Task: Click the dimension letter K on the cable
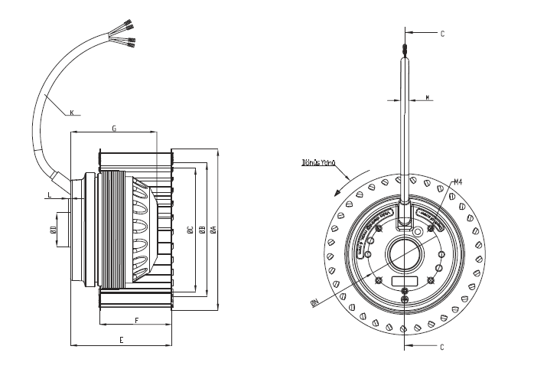[x=71, y=113]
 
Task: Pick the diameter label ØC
[x=187, y=229]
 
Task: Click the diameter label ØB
[x=200, y=229]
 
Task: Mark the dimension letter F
[x=136, y=320]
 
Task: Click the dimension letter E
[x=122, y=338]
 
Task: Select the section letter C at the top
[x=441, y=34]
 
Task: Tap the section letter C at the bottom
[x=441, y=346]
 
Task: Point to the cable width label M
[x=426, y=97]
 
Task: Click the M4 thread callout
[x=458, y=181]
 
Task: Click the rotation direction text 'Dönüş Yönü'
[x=320, y=162]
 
